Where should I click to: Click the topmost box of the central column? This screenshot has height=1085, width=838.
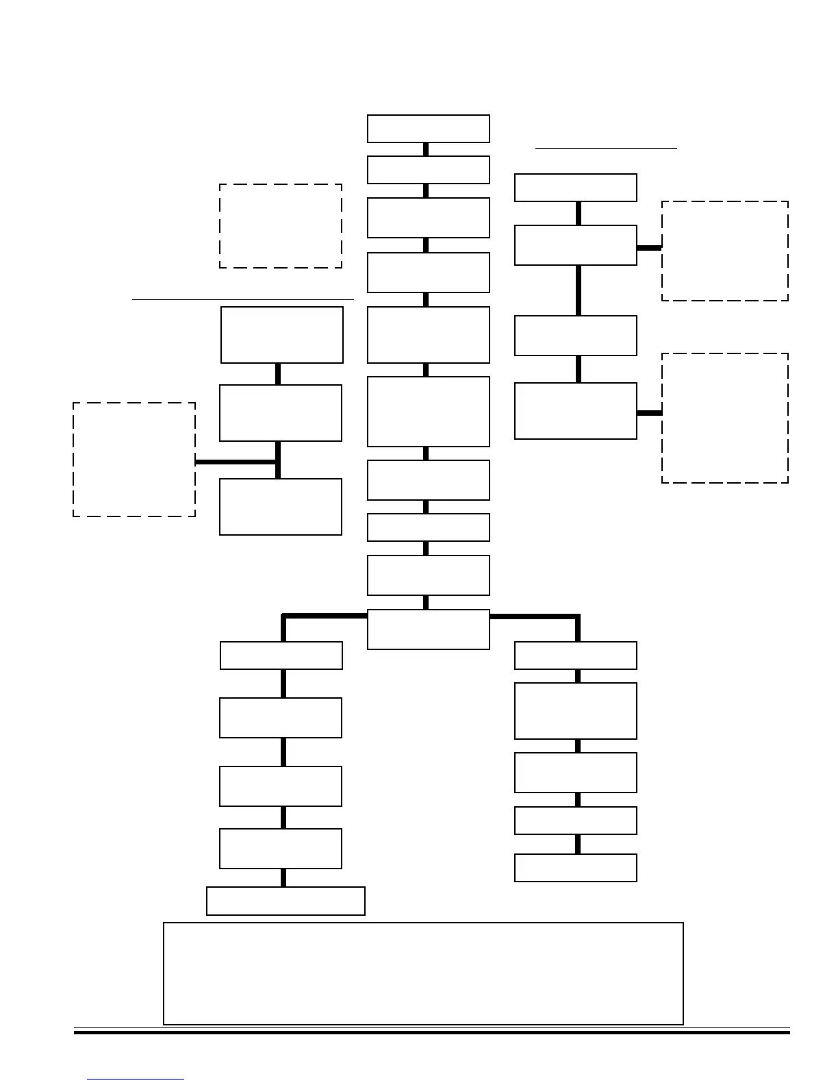pyautogui.click(x=428, y=129)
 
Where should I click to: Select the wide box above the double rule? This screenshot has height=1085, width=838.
pyautogui.click(x=423, y=973)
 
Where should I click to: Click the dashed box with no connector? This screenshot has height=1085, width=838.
pyautogui.click(x=281, y=225)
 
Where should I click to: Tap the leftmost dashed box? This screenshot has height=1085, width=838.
pyautogui.click(x=134, y=459)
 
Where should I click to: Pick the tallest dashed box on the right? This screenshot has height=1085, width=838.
pyautogui.click(x=724, y=418)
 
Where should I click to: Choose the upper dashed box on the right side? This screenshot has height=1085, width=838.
pyautogui.click(x=724, y=251)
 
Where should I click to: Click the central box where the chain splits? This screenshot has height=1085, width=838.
pyautogui.click(x=428, y=629)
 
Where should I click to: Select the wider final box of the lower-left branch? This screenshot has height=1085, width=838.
pyautogui.click(x=285, y=901)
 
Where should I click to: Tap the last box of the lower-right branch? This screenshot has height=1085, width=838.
pyautogui.click(x=575, y=867)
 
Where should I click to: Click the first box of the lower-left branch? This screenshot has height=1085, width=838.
pyautogui.click(x=281, y=656)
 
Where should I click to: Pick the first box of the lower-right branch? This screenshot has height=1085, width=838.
pyautogui.click(x=575, y=656)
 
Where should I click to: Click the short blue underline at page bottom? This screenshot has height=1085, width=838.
pyautogui.click(x=136, y=1080)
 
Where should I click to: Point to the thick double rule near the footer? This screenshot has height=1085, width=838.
pyautogui.click(x=431, y=1031)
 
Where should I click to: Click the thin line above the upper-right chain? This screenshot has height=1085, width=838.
pyautogui.click(x=606, y=147)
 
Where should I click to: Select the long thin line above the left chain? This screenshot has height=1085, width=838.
pyautogui.click(x=242, y=299)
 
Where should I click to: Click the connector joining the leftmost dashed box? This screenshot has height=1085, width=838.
pyautogui.click(x=236, y=462)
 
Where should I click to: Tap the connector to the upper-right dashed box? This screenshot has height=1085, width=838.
pyautogui.click(x=649, y=247)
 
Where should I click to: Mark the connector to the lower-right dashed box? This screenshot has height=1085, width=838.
pyautogui.click(x=649, y=413)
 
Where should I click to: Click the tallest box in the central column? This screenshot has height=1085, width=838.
pyautogui.click(x=428, y=411)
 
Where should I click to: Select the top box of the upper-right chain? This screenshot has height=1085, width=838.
pyautogui.click(x=575, y=188)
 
